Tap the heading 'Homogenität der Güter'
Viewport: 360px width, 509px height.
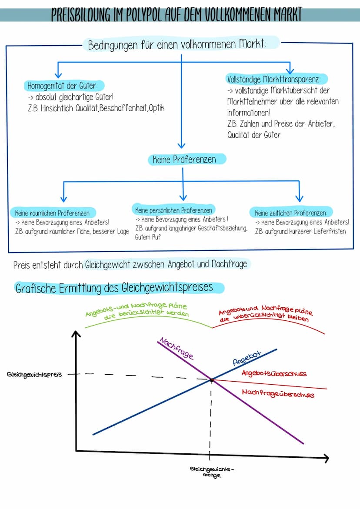pyautogui.click(x=62, y=85)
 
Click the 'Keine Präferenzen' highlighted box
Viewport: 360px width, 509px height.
pyautogui.click(x=184, y=160)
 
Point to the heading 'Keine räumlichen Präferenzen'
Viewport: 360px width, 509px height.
pyautogui.click(x=52, y=213)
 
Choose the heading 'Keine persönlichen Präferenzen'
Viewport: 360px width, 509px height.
pyautogui.click(x=173, y=210)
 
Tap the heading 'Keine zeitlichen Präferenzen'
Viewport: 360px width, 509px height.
pyautogui.click(x=290, y=213)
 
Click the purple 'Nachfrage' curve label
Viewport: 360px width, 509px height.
pyautogui.click(x=176, y=348)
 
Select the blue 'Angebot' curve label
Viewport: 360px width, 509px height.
pyautogui.click(x=247, y=358)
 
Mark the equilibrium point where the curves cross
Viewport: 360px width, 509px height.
pyautogui.click(x=211, y=379)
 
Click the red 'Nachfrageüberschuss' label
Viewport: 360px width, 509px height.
pyautogui.click(x=278, y=393)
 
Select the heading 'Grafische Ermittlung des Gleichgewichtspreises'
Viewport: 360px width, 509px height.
pyautogui.click(x=114, y=288)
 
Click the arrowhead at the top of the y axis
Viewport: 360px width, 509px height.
pyautogui.click(x=76, y=334)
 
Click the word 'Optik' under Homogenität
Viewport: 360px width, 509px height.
pyautogui.click(x=156, y=108)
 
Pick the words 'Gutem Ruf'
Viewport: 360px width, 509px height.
pyautogui.click(x=148, y=237)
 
